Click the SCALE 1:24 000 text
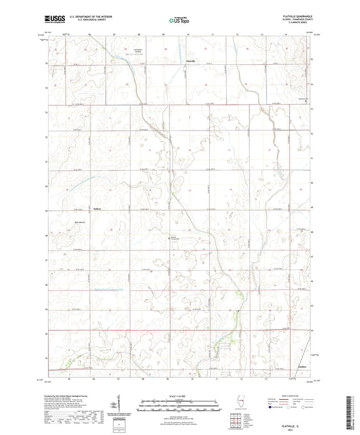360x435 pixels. click(x=179, y=395)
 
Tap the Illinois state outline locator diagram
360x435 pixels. click(x=242, y=401)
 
